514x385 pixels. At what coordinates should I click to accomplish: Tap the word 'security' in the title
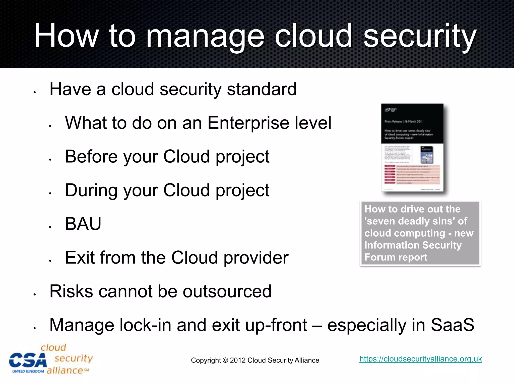point(420,36)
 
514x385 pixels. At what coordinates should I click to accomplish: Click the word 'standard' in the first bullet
point(262,89)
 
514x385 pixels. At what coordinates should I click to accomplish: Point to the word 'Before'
point(91,156)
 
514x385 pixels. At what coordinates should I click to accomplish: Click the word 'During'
point(91,190)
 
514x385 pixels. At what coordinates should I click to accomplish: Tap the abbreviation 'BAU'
point(83,224)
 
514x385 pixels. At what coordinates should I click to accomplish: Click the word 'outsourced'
point(227,291)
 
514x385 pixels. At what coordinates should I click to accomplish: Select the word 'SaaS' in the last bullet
point(452,325)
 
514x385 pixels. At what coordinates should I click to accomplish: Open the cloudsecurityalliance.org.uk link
point(420,359)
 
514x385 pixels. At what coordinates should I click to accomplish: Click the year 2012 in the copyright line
point(237,360)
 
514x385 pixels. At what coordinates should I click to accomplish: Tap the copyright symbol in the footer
point(225,360)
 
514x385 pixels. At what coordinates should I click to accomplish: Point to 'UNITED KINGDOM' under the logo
point(28,371)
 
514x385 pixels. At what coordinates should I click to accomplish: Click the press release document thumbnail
point(412,148)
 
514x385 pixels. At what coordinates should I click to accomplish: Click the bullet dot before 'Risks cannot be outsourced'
point(35,294)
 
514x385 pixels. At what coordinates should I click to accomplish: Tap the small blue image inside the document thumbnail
point(427,155)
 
